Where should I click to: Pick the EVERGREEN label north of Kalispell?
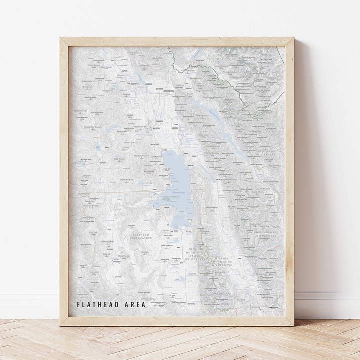[x=159, y=121]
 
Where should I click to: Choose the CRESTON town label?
[x=175, y=128]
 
